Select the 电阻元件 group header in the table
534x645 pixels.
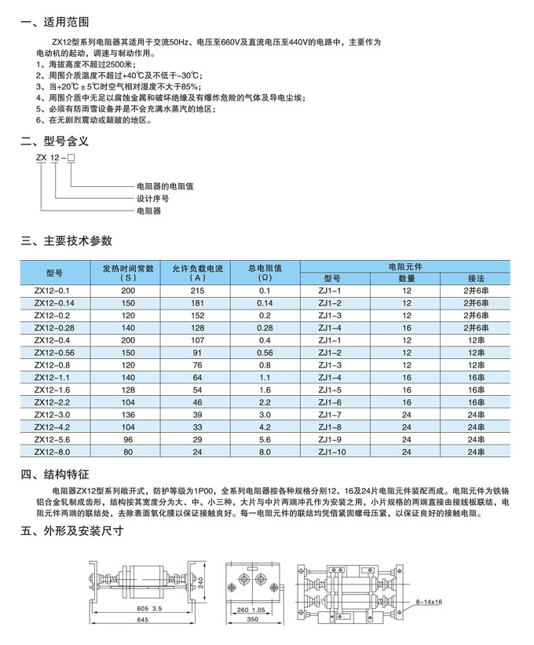pos(405,266)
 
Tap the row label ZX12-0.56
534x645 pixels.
pos(54,353)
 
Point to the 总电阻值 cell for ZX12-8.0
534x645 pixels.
pos(264,452)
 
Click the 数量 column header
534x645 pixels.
pos(406,278)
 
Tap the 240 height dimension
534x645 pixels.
pos(201,582)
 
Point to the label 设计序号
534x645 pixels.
pos(153,199)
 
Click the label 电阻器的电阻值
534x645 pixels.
pos(165,186)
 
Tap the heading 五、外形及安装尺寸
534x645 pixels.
pos(72,530)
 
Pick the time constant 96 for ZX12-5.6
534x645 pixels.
pos(128,439)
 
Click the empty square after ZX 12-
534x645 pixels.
pos(71,159)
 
